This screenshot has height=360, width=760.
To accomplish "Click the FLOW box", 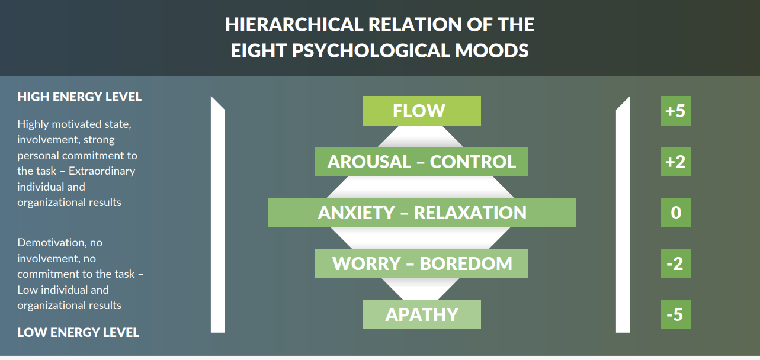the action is click(421, 111).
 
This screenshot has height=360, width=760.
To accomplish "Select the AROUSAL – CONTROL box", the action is click(421, 162).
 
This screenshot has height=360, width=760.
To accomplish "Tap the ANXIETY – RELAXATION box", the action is click(421, 213).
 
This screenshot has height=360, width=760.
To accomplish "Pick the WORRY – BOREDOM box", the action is click(421, 263).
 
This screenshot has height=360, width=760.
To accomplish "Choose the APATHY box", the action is click(421, 314).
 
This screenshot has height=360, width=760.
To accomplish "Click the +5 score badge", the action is click(675, 111).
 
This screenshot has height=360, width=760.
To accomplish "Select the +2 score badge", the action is click(675, 162).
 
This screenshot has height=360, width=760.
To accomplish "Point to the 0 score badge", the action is click(675, 213).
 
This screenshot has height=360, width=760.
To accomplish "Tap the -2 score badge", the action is click(675, 263).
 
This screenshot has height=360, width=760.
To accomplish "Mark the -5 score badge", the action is click(675, 314).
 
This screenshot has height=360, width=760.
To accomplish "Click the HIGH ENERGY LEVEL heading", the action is click(79, 97).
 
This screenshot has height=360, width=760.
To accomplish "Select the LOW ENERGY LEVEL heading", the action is click(78, 333).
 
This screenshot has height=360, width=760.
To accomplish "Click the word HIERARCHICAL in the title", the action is click(294, 25).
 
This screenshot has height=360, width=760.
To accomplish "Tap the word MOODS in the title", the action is click(492, 50).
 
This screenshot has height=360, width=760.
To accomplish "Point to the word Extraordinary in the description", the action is click(102, 171).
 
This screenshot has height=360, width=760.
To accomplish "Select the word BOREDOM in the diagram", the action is click(466, 263).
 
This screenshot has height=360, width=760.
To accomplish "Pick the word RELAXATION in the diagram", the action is click(470, 213).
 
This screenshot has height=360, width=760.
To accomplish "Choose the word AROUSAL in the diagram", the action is click(369, 162).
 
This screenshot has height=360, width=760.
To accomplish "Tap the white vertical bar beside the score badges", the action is click(623, 214).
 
